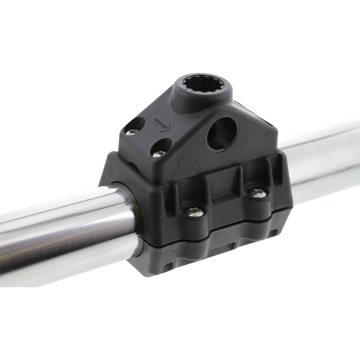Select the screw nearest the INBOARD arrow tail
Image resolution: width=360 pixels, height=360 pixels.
[131, 132]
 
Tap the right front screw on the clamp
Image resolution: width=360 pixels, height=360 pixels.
[258, 193]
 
